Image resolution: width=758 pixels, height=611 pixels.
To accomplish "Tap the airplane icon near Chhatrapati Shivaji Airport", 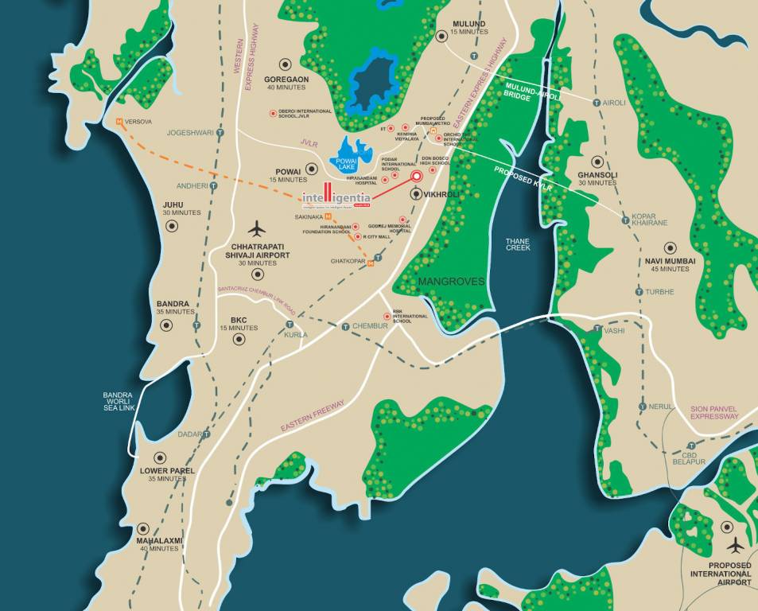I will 256,228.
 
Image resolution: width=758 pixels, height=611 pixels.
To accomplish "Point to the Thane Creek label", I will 518,243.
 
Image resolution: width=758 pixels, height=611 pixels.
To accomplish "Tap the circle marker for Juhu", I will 171,226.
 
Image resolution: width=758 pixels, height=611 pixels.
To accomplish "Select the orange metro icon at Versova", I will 119,122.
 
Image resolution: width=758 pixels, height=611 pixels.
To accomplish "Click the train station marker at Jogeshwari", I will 220,132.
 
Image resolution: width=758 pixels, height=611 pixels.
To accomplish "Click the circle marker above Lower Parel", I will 160,457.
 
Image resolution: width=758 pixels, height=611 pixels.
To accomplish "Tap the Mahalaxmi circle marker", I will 143,528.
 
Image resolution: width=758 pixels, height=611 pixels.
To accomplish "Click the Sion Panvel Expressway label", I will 714,411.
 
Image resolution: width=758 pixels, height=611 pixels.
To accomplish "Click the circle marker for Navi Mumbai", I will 670,247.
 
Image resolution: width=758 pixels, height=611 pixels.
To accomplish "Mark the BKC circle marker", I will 238,339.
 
